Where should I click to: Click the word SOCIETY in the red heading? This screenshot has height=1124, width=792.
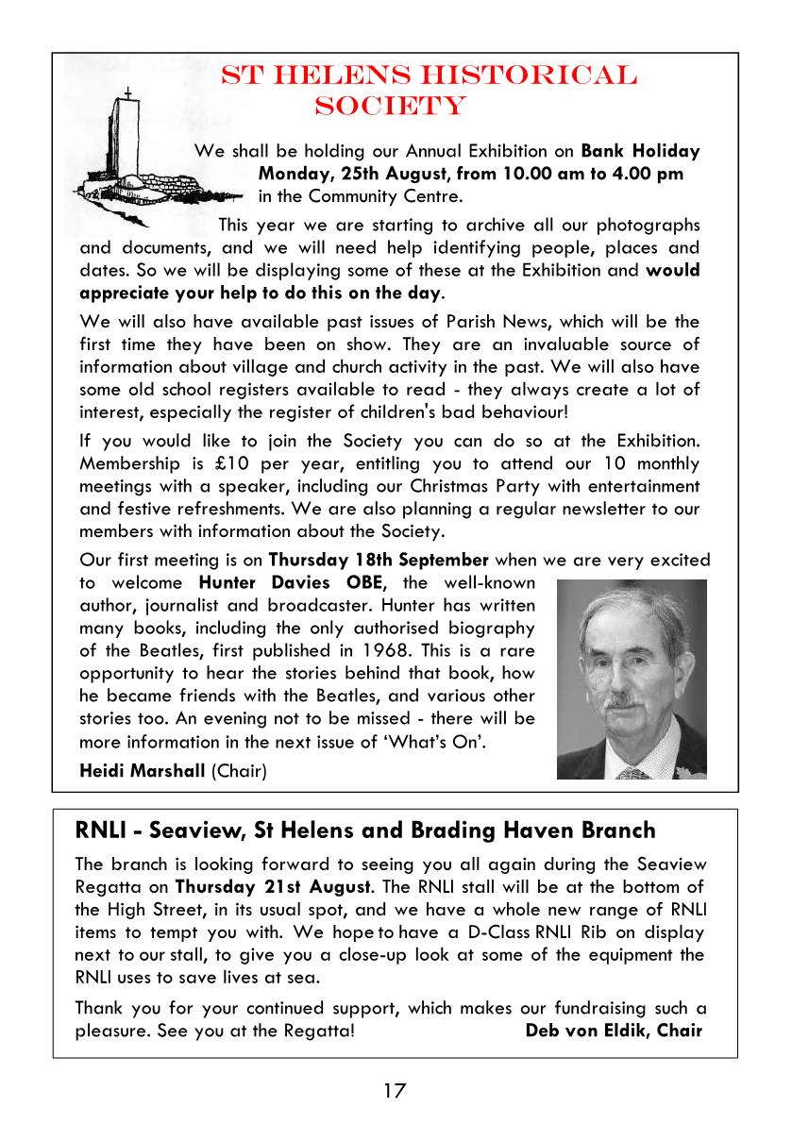(x=390, y=105)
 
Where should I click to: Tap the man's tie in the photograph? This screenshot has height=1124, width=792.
(x=633, y=772)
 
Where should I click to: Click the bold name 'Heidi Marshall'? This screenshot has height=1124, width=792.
(x=142, y=771)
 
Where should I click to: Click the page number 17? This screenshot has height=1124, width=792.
(x=395, y=1091)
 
